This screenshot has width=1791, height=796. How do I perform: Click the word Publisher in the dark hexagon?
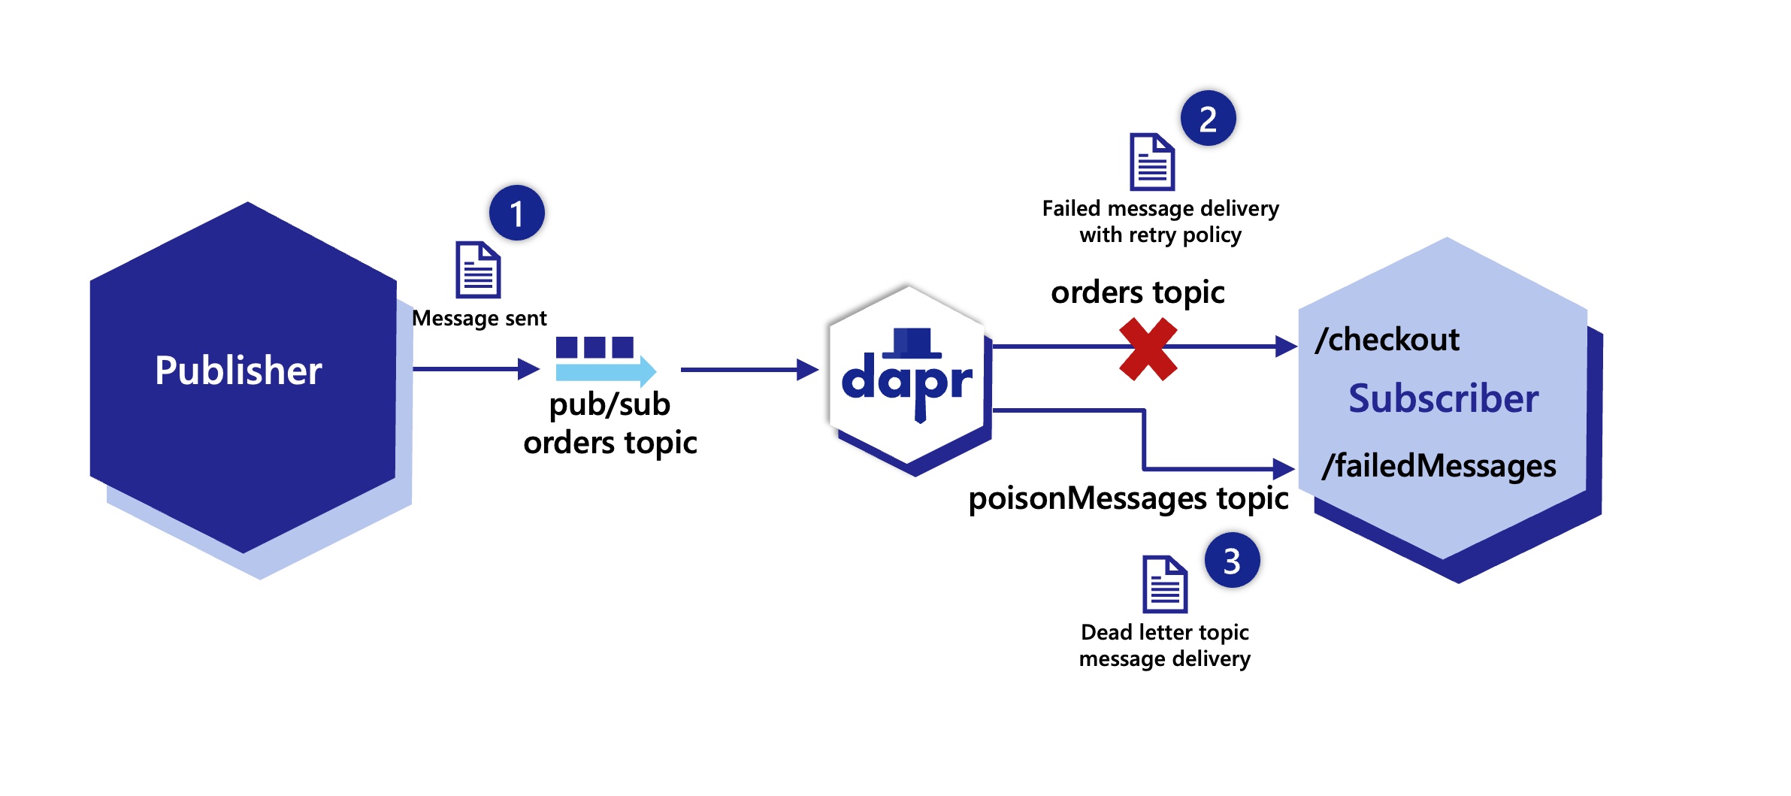tap(238, 371)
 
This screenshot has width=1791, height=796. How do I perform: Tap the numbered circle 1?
tap(517, 213)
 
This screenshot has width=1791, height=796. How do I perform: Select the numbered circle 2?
tap(1208, 119)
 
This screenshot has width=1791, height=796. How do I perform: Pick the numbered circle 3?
tap(1232, 561)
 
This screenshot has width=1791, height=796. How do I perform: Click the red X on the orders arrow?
tap(1148, 349)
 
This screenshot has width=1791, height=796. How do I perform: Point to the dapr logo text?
tap(906, 383)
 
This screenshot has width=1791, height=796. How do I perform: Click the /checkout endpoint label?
tap(1387, 340)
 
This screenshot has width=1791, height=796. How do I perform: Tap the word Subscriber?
tap(1443, 398)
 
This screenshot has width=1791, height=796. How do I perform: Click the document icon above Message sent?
tap(478, 270)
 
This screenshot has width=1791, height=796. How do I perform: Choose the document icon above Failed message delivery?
tap(1152, 162)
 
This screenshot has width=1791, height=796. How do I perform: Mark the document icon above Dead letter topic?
tap(1165, 584)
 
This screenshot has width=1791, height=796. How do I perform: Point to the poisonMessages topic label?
tap(1128, 498)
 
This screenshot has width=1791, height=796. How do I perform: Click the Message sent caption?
tap(480, 319)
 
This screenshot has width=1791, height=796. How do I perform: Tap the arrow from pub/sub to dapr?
tap(748, 370)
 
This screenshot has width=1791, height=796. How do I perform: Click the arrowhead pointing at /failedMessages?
tap(1283, 469)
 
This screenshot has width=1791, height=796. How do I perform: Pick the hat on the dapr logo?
tap(912, 342)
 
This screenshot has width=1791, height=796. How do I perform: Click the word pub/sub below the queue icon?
tap(610, 405)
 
